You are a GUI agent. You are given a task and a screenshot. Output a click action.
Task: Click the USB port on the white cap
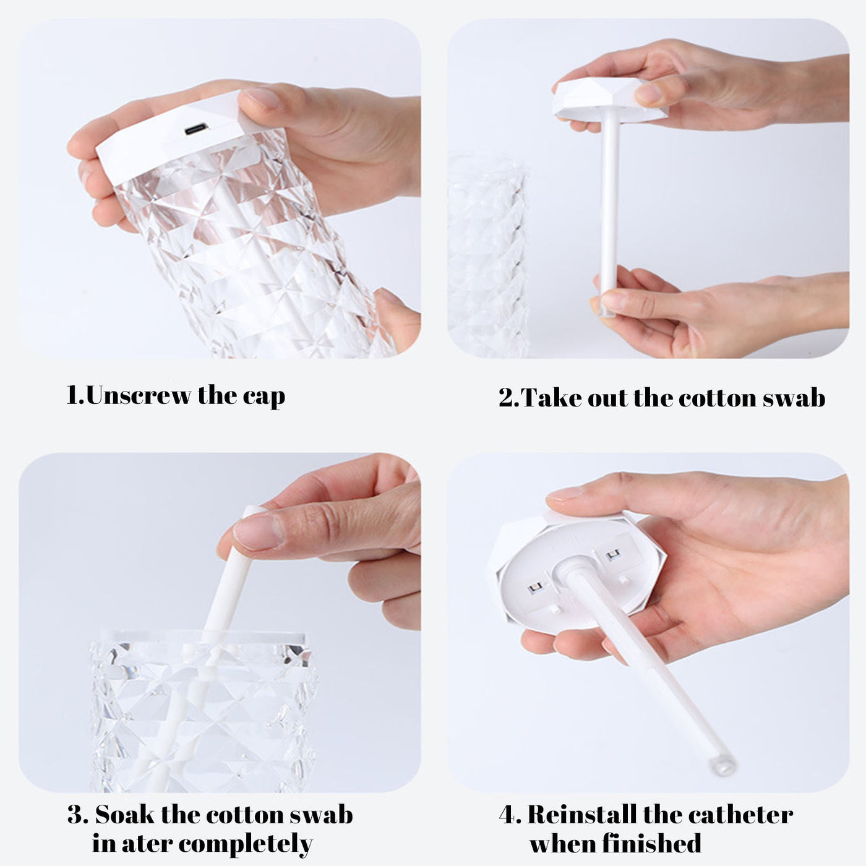(x=195, y=129)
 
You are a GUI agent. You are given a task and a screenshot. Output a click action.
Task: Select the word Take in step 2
(x=552, y=398)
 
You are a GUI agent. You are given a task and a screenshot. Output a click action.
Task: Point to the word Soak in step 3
(x=124, y=815)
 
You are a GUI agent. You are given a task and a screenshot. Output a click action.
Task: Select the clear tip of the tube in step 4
(x=722, y=765)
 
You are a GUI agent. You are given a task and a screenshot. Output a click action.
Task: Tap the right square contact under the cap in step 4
(x=613, y=554)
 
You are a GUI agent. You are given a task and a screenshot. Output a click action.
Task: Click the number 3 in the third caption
(x=77, y=815)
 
